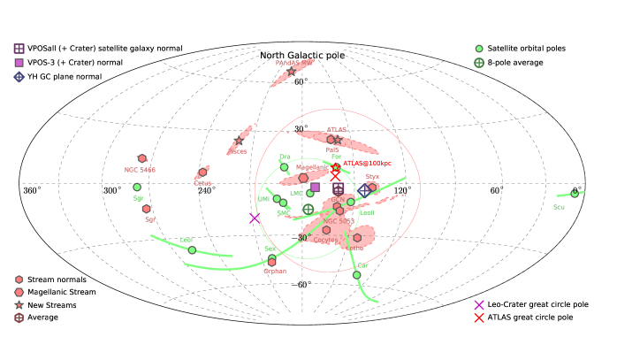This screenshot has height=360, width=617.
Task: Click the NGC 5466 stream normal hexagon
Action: (x=141, y=158)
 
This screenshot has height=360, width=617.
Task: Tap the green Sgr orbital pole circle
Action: (x=137, y=188)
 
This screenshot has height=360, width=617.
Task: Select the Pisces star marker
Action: (x=239, y=141)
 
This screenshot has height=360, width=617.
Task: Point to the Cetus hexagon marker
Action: (x=202, y=172)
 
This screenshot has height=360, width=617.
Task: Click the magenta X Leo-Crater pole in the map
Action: (x=255, y=218)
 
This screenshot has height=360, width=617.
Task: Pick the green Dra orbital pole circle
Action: (x=284, y=167)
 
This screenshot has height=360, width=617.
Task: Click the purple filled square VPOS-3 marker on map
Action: (x=315, y=188)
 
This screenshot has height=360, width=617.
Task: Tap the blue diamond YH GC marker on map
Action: (x=364, y=190)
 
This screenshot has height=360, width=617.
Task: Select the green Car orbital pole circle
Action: (x=357, y=275)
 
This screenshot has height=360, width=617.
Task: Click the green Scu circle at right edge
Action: (x=575, y=194)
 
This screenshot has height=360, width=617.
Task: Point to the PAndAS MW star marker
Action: (x=292, y=72)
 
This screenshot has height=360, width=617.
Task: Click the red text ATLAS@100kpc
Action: (x=366, y=164)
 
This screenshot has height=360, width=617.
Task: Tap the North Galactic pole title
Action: (x=302, y=56)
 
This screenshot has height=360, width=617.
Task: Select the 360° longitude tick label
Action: (x=32, y=190)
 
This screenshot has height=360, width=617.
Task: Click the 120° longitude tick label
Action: (x=402, y=190)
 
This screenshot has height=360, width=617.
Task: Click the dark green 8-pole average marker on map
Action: (x=308, y=209)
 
